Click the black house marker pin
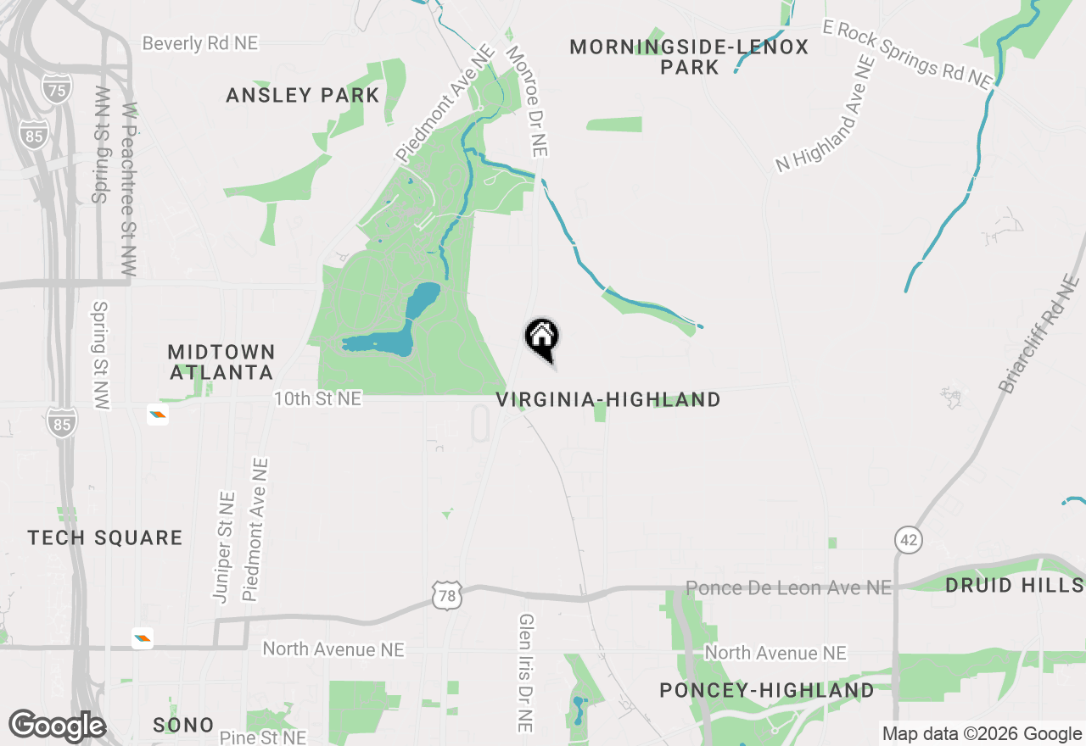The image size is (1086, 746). [541, 338]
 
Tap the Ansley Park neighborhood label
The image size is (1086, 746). [303, 95]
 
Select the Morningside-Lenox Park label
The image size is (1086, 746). [689, 57]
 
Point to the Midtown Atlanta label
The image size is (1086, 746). [221, 362]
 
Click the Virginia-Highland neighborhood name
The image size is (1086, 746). [608, 399]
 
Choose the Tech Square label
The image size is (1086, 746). [105, 537]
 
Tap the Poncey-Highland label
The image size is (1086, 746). [767, 690]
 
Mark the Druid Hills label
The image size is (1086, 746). [1014, 585]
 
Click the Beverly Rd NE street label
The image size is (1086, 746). [200, 43]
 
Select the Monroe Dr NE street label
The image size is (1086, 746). [527, 101]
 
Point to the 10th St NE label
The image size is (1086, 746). [318, 398]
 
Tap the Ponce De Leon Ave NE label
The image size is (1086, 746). [789, 587]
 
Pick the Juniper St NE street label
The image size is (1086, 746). [224, 548]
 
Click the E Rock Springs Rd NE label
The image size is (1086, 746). [907, 55]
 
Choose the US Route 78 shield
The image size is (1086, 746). [446, 595]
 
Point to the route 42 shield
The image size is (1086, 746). [908, 539]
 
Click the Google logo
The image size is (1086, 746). [57, 727]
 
